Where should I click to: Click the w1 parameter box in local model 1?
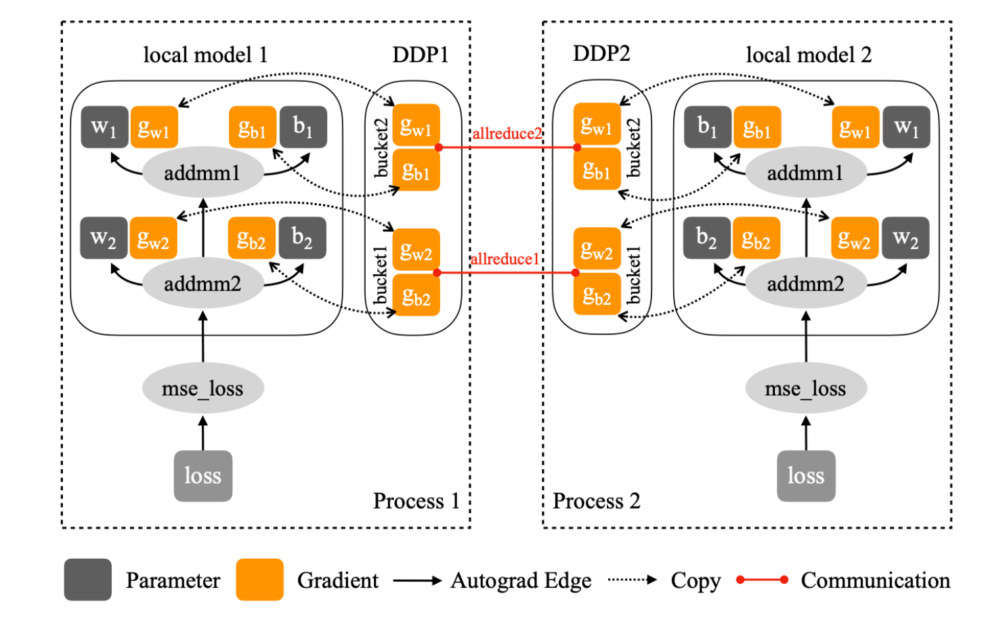[104, 127]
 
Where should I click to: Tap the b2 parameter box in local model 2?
[707, 238]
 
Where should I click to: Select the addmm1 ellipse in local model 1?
[202, 173]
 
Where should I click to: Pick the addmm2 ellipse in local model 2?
[805, 284]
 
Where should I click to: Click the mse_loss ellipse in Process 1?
[202, 389]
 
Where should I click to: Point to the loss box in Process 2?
[806, 476]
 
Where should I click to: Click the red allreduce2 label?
[507, 133]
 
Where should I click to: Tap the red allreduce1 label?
[505, 259]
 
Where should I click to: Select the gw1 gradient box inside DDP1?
[416, 126]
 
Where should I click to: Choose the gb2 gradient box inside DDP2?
[597, 295]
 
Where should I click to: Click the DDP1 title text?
[421, 55]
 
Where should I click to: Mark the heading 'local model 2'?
[809, 55]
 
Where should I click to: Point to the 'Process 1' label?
[417, 501]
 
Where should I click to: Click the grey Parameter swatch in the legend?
[88, 580]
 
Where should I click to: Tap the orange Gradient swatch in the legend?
[259, 580]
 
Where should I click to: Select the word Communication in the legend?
[875, 580]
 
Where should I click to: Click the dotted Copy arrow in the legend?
[633, 580]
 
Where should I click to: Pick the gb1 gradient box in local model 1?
[253, 127]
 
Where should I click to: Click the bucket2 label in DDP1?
[381, 148]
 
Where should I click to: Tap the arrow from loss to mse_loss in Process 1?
[202, 433]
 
